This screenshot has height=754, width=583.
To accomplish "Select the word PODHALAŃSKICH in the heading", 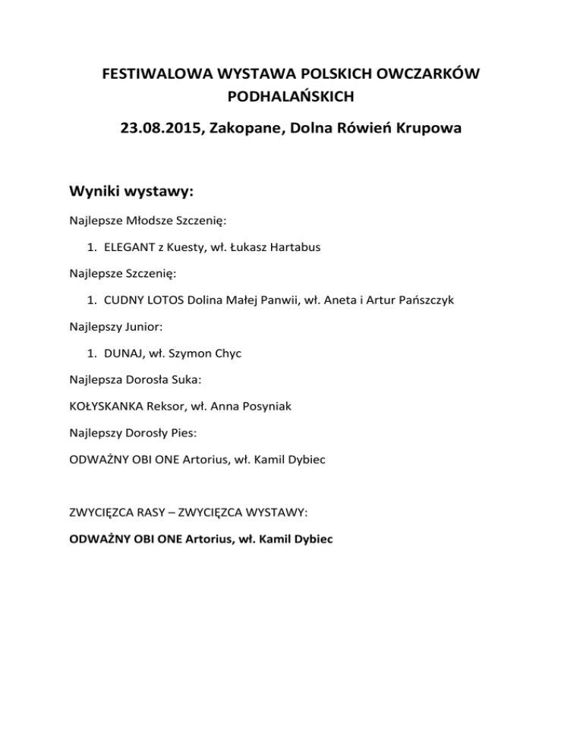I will [291, 96].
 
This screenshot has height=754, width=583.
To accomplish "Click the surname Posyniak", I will [264, 406].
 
